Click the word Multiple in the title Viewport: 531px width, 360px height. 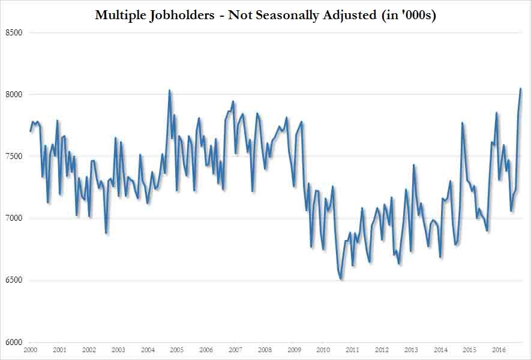[x=121, y=15]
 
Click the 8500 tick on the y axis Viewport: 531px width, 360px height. [x=14, y=32]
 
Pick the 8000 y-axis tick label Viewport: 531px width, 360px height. [x=14, y=94]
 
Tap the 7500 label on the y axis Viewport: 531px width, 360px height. [x=14, y=156]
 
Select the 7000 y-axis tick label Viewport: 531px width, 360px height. [x=14, y=218]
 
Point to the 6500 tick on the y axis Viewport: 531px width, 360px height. [x=14, y=280]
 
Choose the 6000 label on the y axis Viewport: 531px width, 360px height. [x=14, y=342]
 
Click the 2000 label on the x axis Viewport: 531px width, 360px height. [x=30, y=350]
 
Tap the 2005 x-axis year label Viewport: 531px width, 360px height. [x=176, y=350]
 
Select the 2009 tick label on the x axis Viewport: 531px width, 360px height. [x=293, y=350]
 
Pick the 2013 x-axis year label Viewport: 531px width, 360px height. [x=411, y=350]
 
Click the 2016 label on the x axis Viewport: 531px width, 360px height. [x=499, y=350]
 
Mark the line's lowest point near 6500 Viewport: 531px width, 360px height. [x=341, y=279]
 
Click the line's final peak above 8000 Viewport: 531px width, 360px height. [x=521, y=89]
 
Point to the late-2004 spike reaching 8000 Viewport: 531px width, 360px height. [x=170, y=91]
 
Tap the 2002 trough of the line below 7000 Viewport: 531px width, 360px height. [x=106, y=233]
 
